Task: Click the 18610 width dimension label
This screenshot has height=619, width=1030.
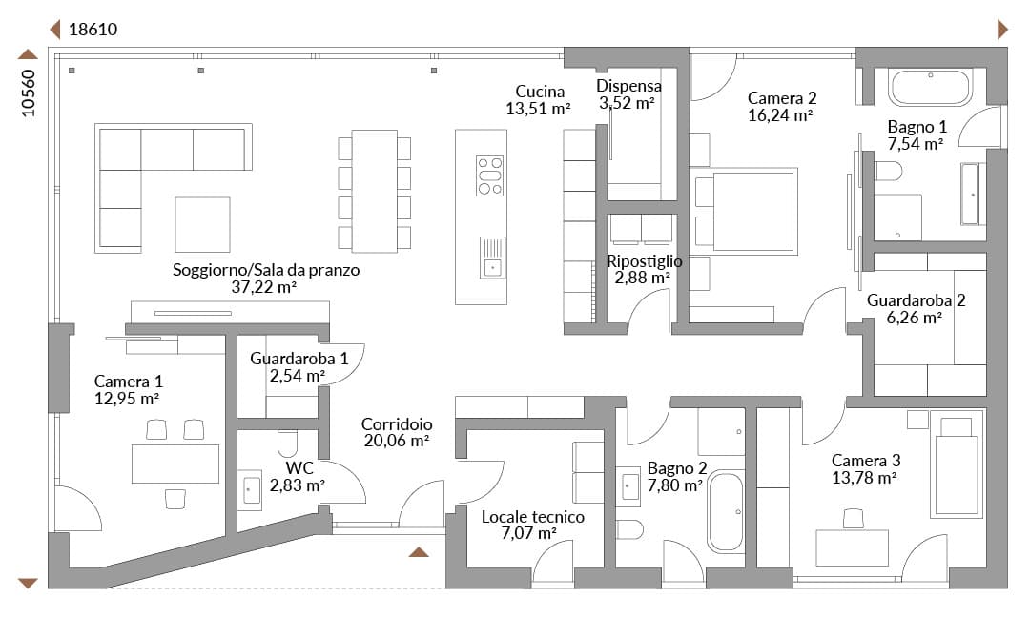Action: click(93, 30)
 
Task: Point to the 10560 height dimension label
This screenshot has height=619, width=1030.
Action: click(29, 93)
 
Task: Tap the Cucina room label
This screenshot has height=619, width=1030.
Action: click(540, 92)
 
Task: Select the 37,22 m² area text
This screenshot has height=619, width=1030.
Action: click(263, 286)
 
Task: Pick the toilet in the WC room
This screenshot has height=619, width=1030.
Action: click(288, 444)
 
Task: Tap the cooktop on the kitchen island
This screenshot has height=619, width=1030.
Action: click(489, 176)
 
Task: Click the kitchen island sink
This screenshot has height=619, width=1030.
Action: click(492, 258)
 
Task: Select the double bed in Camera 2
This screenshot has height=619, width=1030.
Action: click(746, 212)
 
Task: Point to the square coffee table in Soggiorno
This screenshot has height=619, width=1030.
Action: click(202, 225)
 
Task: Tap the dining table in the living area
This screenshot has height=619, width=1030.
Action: click(375, 191)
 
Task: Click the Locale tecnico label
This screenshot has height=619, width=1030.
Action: click(533, 517)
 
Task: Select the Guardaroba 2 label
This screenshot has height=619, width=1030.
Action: click(916, 300)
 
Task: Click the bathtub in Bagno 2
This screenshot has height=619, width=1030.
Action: click(726, 512)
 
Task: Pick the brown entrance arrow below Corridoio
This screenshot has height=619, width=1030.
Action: click(419, 552)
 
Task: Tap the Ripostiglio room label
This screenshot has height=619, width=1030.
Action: click(644, 261)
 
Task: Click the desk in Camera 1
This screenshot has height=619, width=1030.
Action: click(175, 464)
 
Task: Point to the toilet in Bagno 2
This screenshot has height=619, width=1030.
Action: click(630, 529)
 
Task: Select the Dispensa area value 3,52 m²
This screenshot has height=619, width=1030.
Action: click(627, 103)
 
